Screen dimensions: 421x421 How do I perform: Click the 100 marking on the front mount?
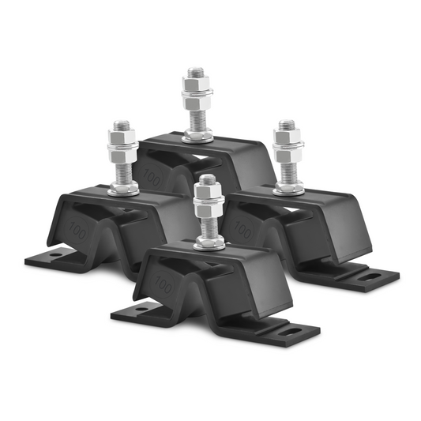click(x=164, y=281)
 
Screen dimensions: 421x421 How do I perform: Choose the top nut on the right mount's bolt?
click(x=287, y=139)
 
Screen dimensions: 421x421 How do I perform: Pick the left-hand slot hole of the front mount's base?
click(x=143, y=309)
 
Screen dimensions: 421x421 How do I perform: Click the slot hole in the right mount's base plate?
click(x=372, y=277)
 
